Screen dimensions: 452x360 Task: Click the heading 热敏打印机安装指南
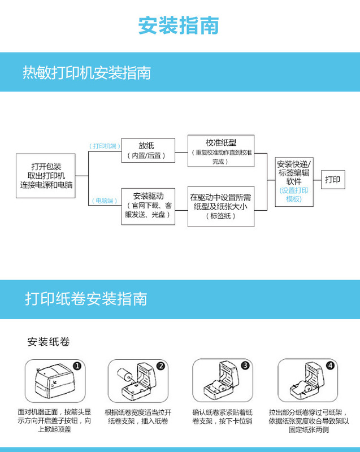pos(86,73)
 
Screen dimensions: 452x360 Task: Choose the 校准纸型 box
pos(221,151)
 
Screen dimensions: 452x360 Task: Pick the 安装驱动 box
pos(148,206)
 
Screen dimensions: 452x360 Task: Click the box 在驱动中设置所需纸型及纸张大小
pos(221,206)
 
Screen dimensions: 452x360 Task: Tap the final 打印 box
pos(333,180)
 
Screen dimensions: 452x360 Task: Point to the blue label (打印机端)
pos(104,146)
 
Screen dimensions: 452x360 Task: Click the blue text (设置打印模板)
pos(293,195)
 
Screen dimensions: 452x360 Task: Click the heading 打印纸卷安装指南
pos(86,299)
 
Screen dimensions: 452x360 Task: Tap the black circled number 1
pos(77,366)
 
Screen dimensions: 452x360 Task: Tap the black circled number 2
pos(161,366)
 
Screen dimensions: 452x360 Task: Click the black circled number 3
pos(245,366)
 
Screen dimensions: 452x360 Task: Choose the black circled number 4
pos(329,366)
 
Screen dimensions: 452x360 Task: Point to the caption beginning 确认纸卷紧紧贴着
pos(222,417)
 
